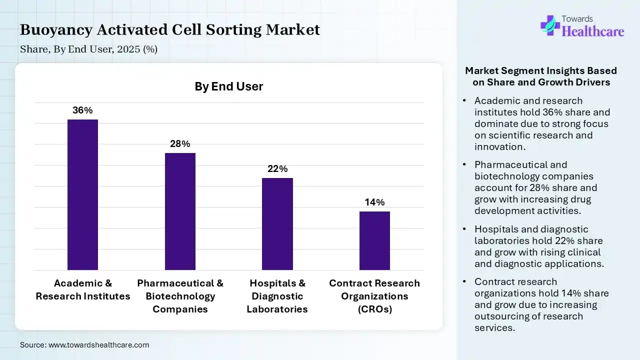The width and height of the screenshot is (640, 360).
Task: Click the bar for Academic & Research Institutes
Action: tap(82, 195)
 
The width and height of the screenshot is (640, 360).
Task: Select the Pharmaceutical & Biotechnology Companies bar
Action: tap(180, 211)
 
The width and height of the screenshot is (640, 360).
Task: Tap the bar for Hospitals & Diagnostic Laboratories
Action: tap(277, 224)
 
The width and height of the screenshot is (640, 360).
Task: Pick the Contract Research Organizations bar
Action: tap(374, 240)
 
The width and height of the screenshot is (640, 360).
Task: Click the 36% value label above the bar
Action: tap(82, 110)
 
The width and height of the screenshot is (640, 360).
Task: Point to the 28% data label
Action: tap(180, 144)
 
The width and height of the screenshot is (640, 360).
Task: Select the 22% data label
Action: tap(277, 169)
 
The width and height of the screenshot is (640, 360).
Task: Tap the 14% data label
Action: tap(374, 202)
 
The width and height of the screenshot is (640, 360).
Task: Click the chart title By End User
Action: tap(228, 86)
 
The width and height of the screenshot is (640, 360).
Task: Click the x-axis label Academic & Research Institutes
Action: tap(83, 290)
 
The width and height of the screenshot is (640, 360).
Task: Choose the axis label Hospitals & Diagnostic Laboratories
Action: tap(277, 296)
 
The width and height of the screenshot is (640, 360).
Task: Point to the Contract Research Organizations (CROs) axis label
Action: tap(374, 296)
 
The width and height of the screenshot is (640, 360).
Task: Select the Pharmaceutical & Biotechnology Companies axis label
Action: tap(180, 296)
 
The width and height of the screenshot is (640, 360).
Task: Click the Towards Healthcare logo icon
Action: tap(549, 25)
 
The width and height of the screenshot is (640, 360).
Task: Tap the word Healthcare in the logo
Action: tap(593, 31)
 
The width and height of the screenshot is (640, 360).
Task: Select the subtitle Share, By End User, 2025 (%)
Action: tap(88, 49)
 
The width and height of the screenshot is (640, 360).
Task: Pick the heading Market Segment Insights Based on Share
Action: tap(541, 76)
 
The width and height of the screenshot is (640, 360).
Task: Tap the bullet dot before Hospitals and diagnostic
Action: tap(465, 229)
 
